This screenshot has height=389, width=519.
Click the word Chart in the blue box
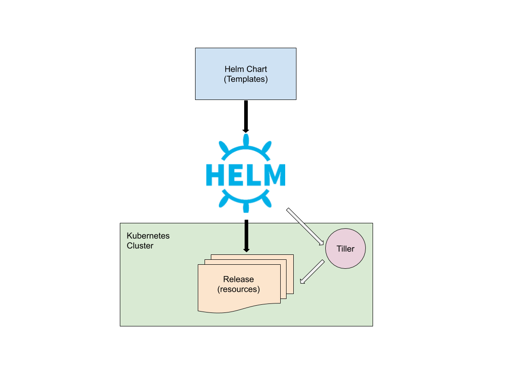(x=256, y=69)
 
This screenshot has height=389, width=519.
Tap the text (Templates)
(x=246, y=79)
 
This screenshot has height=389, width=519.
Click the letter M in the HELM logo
(x=273, y=175)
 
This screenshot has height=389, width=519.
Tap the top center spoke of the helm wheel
(x=246, y=140)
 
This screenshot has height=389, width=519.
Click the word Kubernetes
(x=148, y=236)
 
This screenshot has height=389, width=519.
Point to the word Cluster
(x=140, y=246)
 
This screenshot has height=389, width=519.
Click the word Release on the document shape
(x=238, y=280)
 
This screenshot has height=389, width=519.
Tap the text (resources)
(x=238, y=289)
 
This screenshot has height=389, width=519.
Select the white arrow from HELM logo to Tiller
(x=305, y=227)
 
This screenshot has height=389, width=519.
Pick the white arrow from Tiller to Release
(x=312, y=272)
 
